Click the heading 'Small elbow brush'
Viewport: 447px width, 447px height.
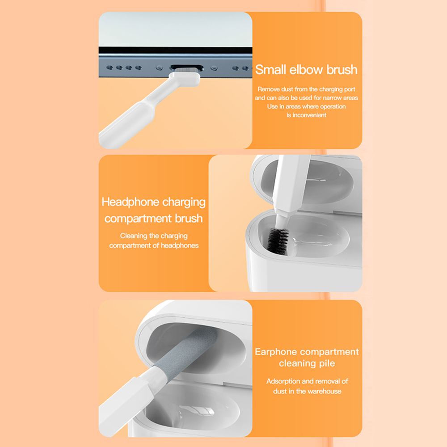[x=306, y=70]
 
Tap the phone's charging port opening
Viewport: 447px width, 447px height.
[x=187, y=67]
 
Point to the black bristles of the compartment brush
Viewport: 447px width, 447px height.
[x=278, y=241]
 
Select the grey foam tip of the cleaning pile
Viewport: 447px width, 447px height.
[x=186, y=350]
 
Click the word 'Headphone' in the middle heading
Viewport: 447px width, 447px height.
[x=130, y=202]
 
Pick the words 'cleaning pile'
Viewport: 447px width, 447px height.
[x=307, y=363]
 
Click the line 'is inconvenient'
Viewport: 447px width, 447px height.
[x=306, y=115]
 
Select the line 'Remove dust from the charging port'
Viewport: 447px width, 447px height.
[x=306, y=89]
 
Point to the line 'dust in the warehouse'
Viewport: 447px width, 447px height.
[x=307, y=391]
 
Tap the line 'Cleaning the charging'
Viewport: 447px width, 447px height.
[x=154, y=236]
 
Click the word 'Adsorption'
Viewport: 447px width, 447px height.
[x=283, y=381]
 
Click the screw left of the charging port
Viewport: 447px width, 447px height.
[x=160, y=68]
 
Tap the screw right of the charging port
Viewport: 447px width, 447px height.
[x=214, y=68]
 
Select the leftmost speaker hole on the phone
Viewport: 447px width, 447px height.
[x=110, y=67]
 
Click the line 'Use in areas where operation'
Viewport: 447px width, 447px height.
[x=306, y=107]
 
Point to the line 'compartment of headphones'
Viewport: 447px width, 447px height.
[x=154, y=245]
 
